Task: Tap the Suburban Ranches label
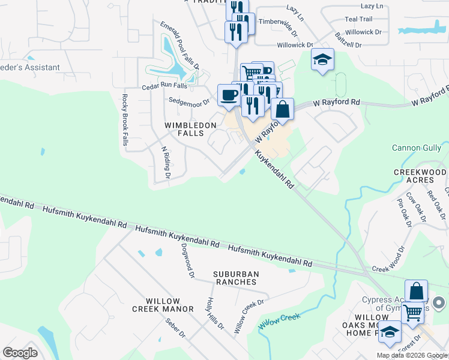[x=236, y=278]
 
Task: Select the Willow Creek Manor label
[x=163, y=305]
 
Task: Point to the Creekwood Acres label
[x=421, y=176]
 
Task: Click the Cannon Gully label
[x=416, y=148]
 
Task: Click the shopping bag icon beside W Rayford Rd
[x=283, y=110]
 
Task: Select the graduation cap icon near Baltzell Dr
[x=322, y=60]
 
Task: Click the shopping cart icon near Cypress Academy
[x=412, y=313]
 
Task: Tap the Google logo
[x=20, y=353]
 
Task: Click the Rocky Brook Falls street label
[x=125, y=120]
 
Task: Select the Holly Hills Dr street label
[x=215, y=314]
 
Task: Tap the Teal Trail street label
[x=358, y=19]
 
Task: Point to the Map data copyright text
[x=411, y=355]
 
